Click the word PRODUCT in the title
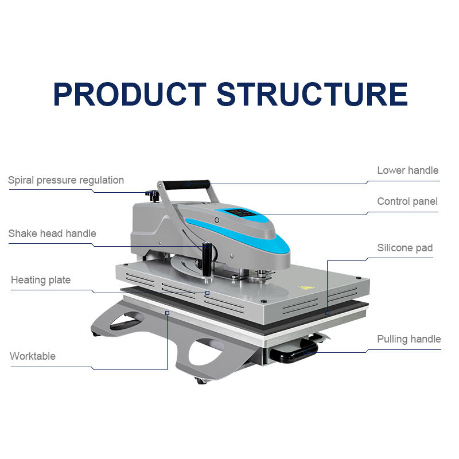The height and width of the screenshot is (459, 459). pos(130,95)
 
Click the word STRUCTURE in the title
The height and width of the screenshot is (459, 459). pos(312,95)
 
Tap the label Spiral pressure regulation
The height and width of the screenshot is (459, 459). pos(66,180)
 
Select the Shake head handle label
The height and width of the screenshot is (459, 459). pos(52,234)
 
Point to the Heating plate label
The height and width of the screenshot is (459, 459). pos(41,280)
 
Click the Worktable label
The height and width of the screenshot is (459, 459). pos(33,356)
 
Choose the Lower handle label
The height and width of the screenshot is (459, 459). pos(407,170)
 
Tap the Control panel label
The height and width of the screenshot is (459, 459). pos(407,201)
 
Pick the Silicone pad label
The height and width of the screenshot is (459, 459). pos(404,248)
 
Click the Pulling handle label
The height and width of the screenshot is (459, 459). pos(409,339)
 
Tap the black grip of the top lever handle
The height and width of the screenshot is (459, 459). pos(186,184)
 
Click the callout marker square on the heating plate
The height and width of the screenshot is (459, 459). pos(207,293)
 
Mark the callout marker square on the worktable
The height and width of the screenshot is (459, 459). pos(167,313)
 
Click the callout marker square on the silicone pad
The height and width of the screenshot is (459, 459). pos(327,313)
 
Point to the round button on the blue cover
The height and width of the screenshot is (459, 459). pos(217,220)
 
